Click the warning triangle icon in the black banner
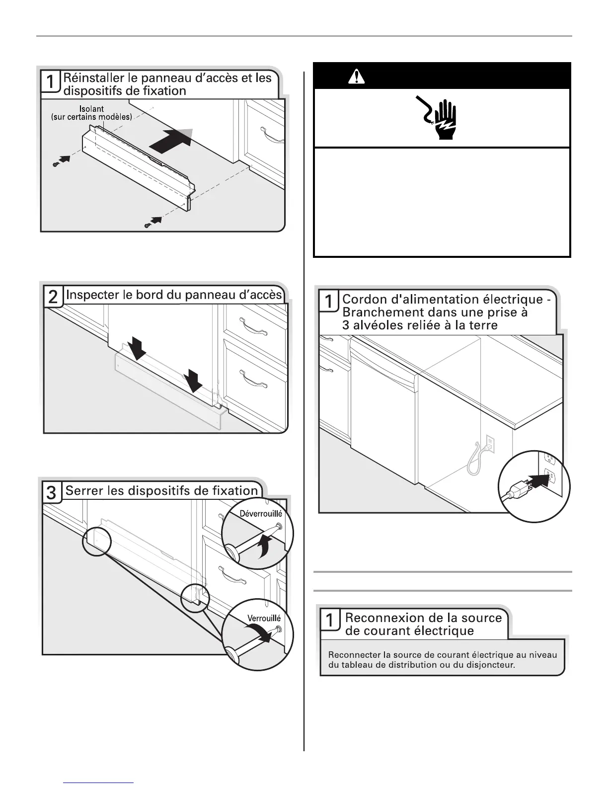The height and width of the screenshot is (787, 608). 356,77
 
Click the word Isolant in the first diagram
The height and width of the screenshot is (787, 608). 91,109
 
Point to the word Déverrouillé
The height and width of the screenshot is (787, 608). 261,514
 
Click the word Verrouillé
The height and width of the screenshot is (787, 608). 264,618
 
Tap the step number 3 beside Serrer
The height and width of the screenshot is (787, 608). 51,493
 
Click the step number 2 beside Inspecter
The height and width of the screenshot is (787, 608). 52,297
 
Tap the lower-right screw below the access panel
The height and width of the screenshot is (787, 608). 148,226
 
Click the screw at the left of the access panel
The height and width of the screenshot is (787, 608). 56,164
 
